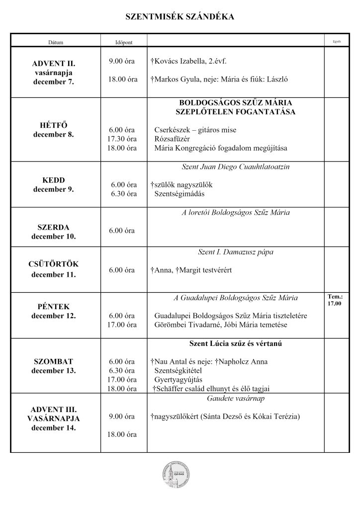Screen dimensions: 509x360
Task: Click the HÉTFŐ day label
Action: click(53, 125)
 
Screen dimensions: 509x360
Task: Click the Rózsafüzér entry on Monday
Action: click(172, 139)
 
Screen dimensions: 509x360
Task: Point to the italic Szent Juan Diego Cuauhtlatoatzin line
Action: click(236, 168)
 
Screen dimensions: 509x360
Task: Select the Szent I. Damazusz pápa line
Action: click(236, 253)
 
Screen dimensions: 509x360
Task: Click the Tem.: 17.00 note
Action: click(335, 300)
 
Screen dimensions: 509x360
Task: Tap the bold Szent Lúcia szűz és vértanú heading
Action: click(236, 343)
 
